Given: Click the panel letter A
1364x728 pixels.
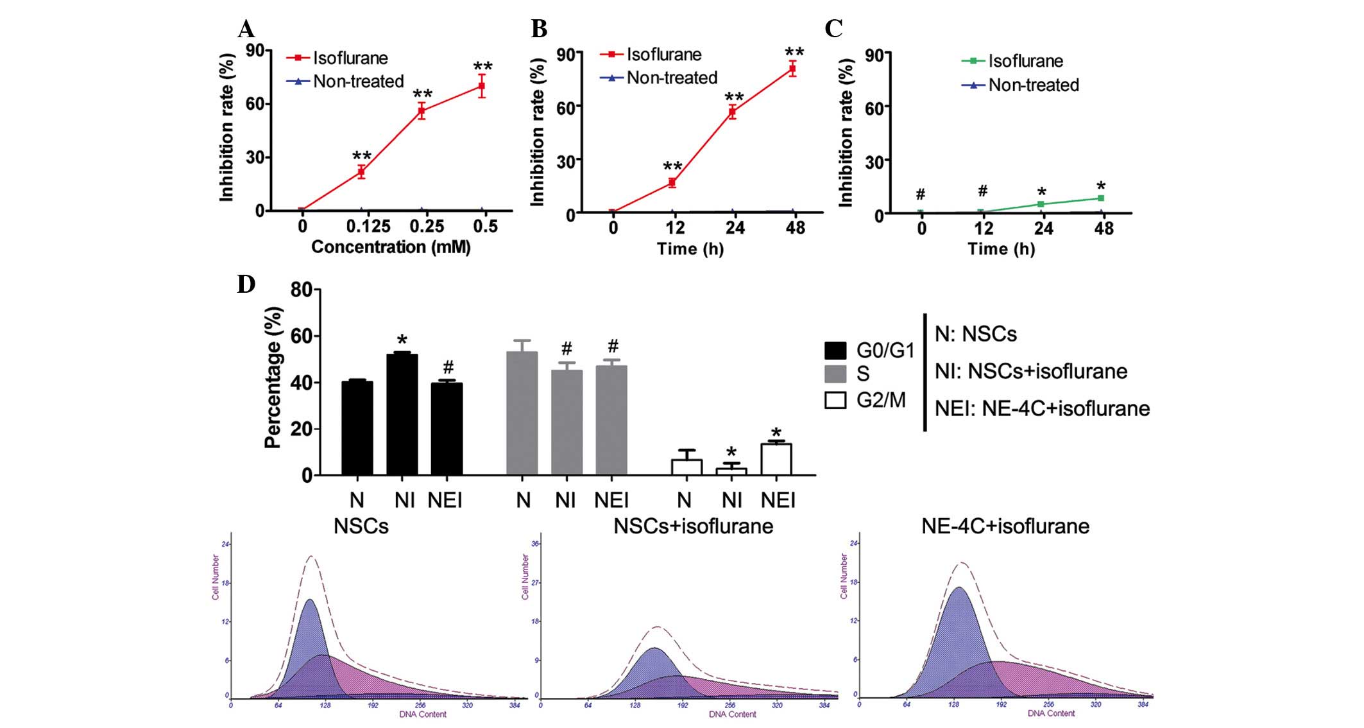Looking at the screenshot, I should (x=246, y=30).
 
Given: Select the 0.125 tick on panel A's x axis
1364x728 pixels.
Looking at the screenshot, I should (x=368, y=227).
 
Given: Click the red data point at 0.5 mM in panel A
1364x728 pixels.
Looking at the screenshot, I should (x=481, y=85).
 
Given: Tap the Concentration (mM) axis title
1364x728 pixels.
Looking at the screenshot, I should (x=391, y=247).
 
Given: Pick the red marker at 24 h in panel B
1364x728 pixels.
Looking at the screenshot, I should (x=732, y=112).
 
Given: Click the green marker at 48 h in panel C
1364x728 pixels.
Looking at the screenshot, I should (x=1100, y=198).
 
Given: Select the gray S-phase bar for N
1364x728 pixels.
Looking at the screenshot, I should (x=522, y=413).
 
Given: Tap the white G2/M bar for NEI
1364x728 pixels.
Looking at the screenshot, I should (x=776, y=459).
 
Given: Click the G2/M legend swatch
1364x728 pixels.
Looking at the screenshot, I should (x=835, y=401).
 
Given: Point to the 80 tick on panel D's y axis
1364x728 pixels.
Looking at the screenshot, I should (x=301, y=290).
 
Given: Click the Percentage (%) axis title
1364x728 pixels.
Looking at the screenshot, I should (x=273, y=377).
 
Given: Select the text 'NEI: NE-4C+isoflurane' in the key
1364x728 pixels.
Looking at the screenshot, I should (x=1042, y=408).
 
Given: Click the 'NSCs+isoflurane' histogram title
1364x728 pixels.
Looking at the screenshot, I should (x=693, y=526).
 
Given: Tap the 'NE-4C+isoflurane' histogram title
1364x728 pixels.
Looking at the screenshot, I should (x=1005, y=526).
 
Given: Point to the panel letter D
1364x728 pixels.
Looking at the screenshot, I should (x=246, y=284).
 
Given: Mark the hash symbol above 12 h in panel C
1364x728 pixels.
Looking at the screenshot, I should (x=982, y=191).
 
